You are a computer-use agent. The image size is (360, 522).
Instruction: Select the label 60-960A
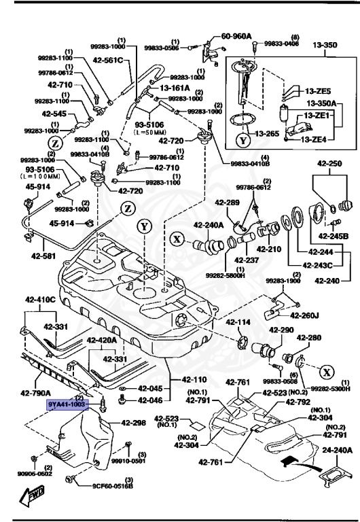tap(236, 36)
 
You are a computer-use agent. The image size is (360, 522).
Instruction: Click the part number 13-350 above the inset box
tap(325, 45)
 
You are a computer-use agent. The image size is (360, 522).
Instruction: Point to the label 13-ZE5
tap(317, 90)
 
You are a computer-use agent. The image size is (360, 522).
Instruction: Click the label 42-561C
tap(111, 60)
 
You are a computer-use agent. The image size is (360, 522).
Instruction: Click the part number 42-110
tap(195, 379)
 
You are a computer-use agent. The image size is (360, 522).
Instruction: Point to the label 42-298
tap(133, 423)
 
